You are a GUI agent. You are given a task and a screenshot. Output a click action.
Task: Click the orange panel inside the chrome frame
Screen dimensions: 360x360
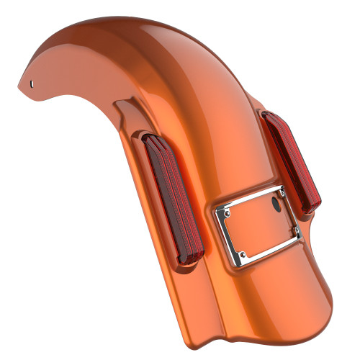click(x=259, y=223)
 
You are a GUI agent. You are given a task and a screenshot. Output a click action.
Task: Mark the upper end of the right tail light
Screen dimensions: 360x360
click(x=271, y=117)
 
